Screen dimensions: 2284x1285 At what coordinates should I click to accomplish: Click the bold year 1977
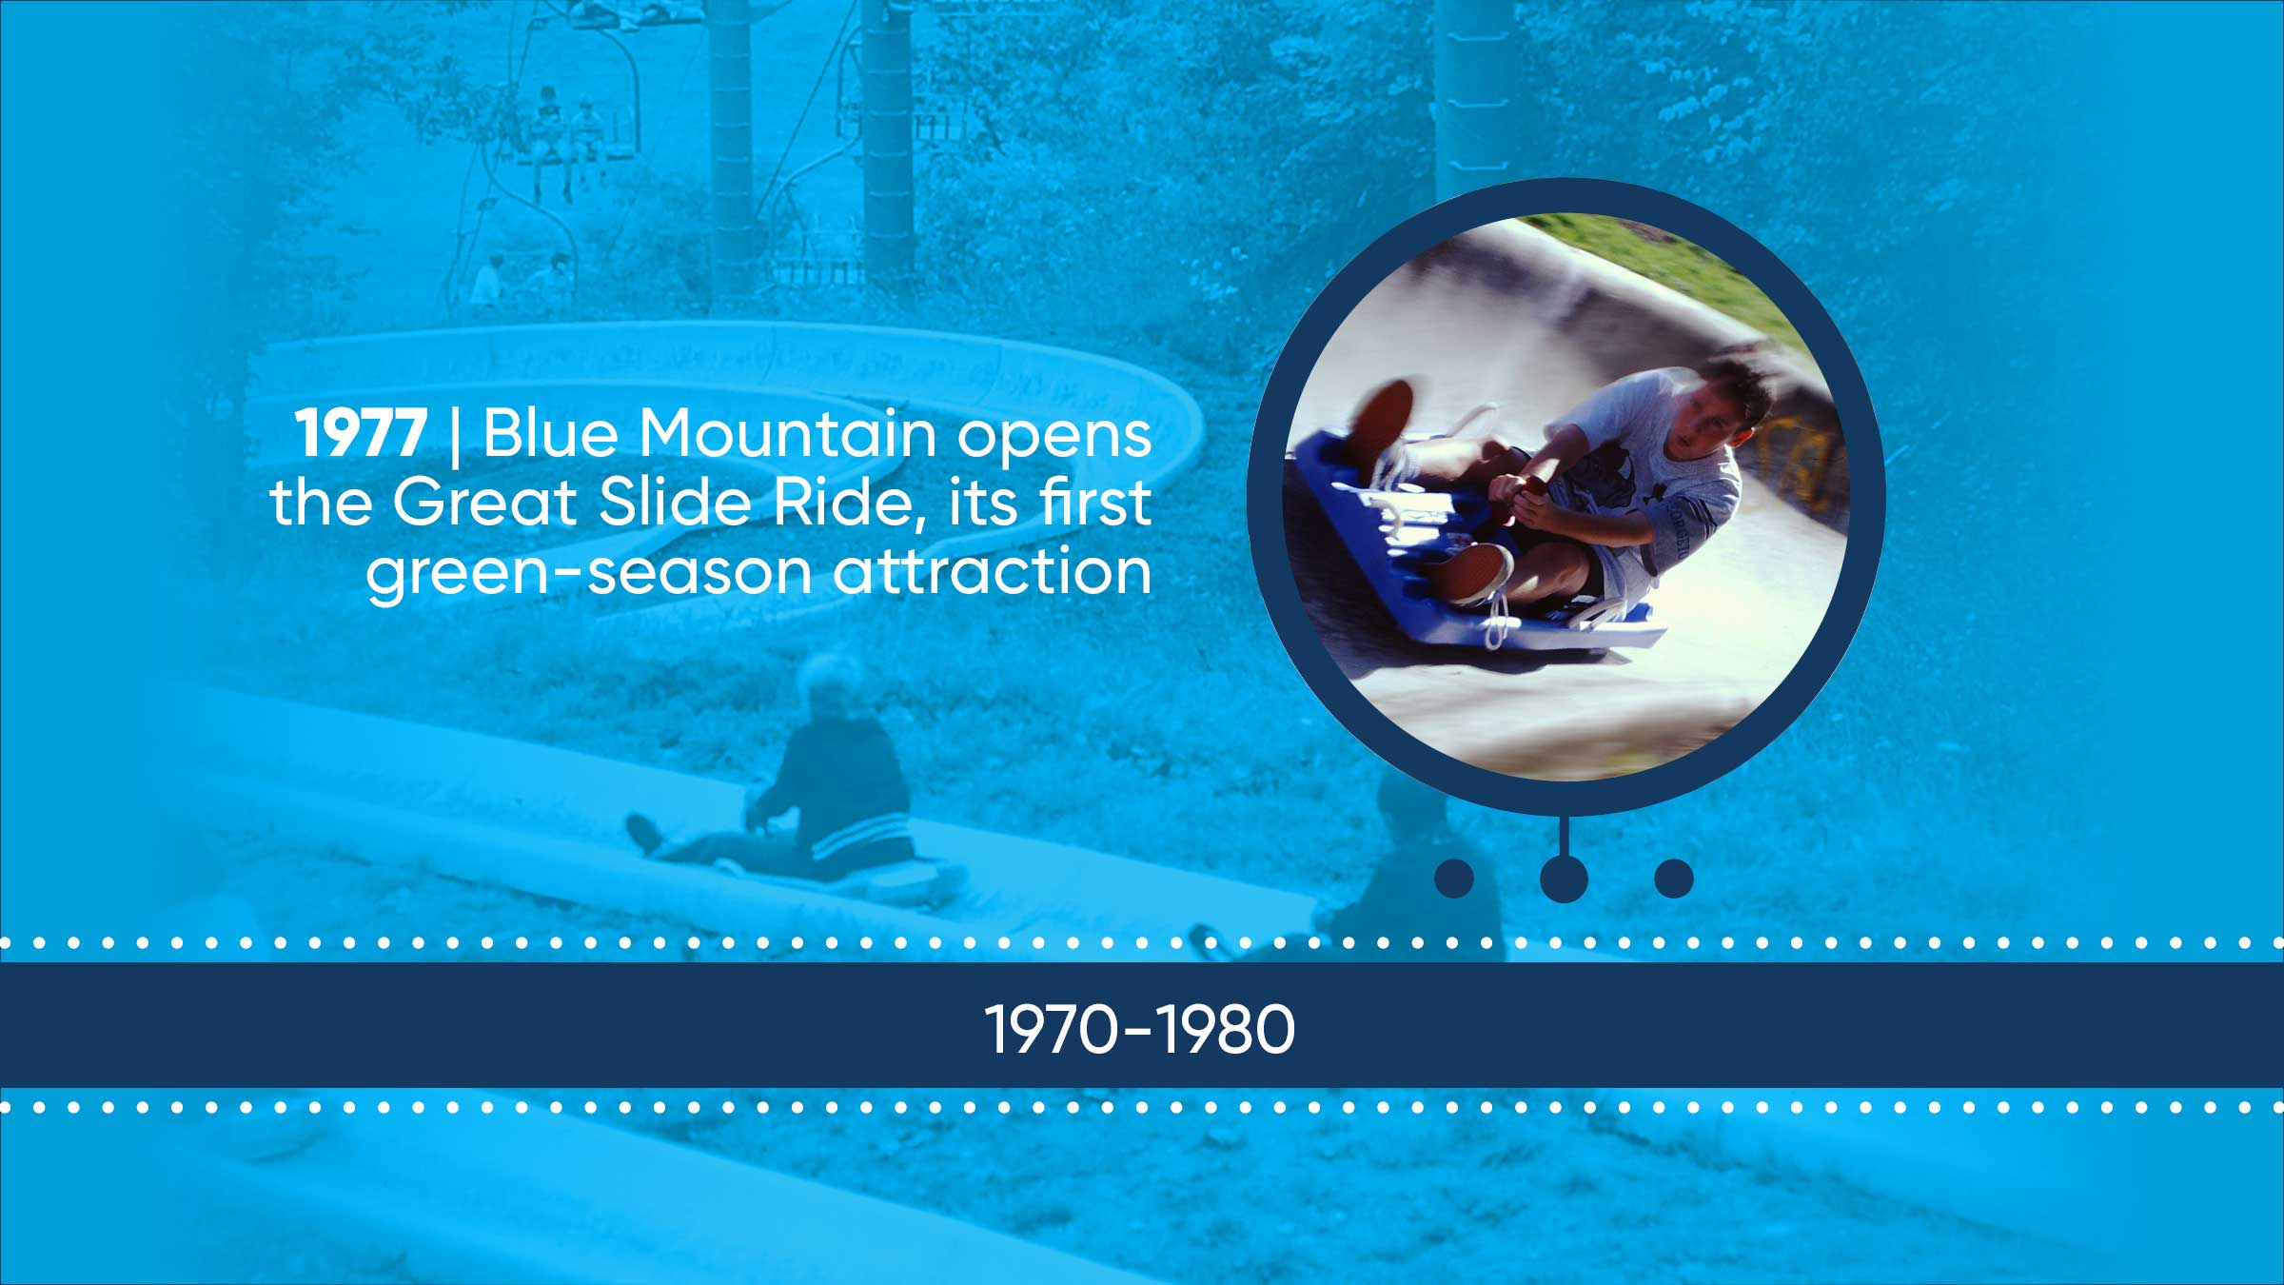pos(361,434)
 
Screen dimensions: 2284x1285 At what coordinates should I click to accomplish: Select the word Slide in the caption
pos(675,502)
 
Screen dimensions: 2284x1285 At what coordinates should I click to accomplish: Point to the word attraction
pos(993,571)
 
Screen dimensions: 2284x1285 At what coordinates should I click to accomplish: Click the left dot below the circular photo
pos(1454,879)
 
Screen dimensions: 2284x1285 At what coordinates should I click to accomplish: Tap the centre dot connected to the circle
pos(1564,879)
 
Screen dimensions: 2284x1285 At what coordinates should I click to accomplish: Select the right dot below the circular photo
pos(1674,879)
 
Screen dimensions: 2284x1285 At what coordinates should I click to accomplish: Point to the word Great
pos(484,502)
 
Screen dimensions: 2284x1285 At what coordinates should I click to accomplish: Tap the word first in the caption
pos(1096,502)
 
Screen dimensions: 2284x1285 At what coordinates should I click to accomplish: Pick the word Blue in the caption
pos(551,433)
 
